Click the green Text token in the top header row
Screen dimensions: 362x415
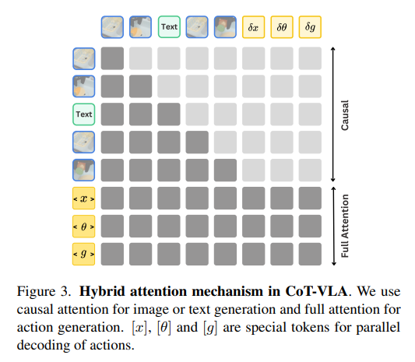(x=169, y=27)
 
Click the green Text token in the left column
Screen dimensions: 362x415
(x=84, y=114)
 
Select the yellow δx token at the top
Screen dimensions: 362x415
(x=253, y=27)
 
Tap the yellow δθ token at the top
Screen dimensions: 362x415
(x=281, y=27)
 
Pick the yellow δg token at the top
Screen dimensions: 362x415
(x=309, y=27)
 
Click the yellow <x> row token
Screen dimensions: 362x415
(x=84, y=199)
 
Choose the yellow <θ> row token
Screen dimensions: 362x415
(x=84, y=227)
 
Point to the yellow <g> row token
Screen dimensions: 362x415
(x=84, y=254)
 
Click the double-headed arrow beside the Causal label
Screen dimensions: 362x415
(x=333, y=114)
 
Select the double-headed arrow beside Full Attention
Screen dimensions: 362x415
(x=333, y=226)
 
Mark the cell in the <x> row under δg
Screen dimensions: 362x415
(x=309, y=199)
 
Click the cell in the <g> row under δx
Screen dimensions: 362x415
(x=253, y=254)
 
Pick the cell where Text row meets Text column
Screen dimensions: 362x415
(x=169, y=114)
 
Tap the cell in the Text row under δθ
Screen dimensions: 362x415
(x=281, y=114)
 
